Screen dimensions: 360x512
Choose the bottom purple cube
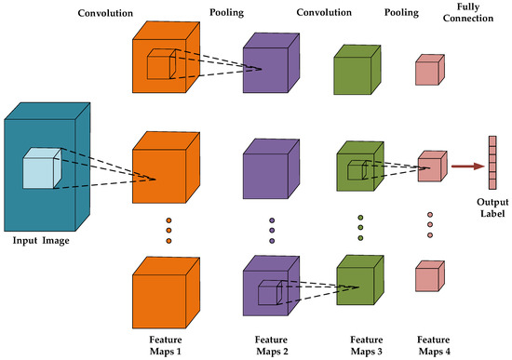click(270, 284)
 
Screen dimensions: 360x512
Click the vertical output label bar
click(491, 167)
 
